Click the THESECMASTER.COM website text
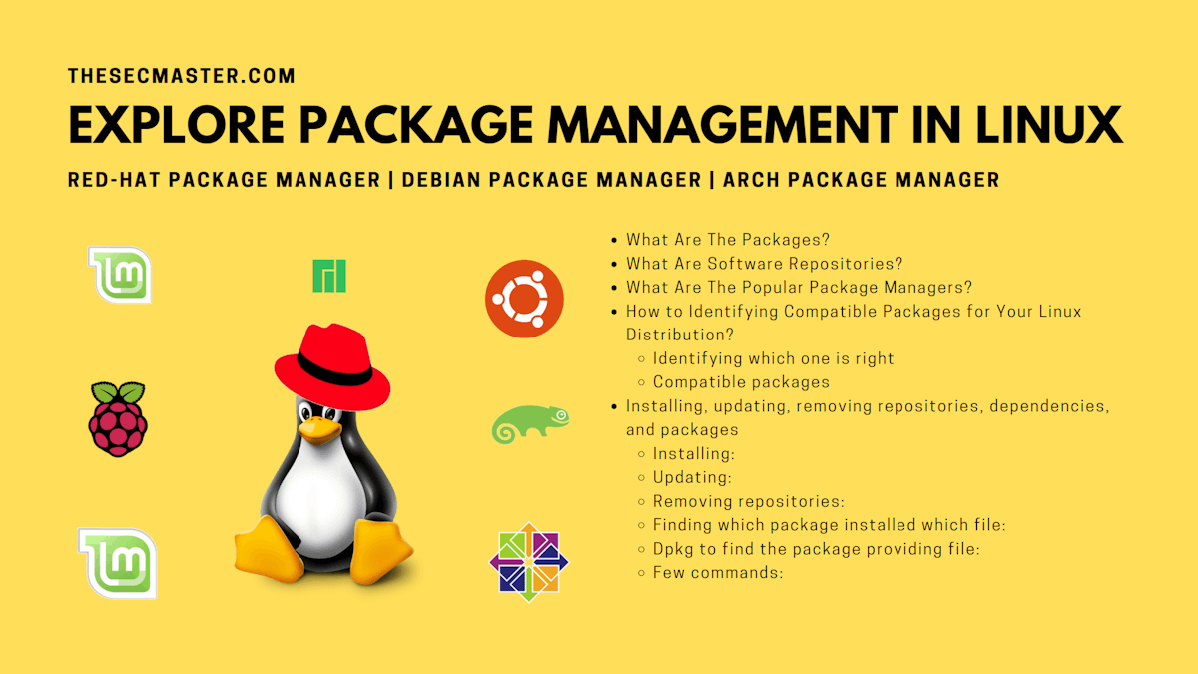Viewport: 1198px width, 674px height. click(182, 76)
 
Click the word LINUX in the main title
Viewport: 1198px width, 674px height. click(1049, 125)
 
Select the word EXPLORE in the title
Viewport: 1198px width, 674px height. click(176, 125)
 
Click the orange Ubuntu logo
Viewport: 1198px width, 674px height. click(524, 299)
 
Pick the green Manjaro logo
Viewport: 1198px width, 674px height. click(329, 276)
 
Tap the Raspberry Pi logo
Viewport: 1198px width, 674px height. click(118, 419)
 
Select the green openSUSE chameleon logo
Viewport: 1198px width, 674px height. click(529, 424)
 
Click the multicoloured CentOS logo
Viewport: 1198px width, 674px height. click(529, 562)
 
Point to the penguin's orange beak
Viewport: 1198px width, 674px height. click(319, 429)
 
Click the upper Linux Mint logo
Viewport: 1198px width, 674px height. click(120, 275)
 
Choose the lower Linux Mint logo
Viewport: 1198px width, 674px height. click(118, 563)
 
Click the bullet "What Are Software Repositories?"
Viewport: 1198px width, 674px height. click(765, 264)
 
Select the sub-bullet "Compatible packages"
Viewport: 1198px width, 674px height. click(741, 382)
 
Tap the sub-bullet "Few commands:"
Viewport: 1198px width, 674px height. click(718, 573)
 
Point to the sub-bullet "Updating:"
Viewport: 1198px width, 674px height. click(692, 477)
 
